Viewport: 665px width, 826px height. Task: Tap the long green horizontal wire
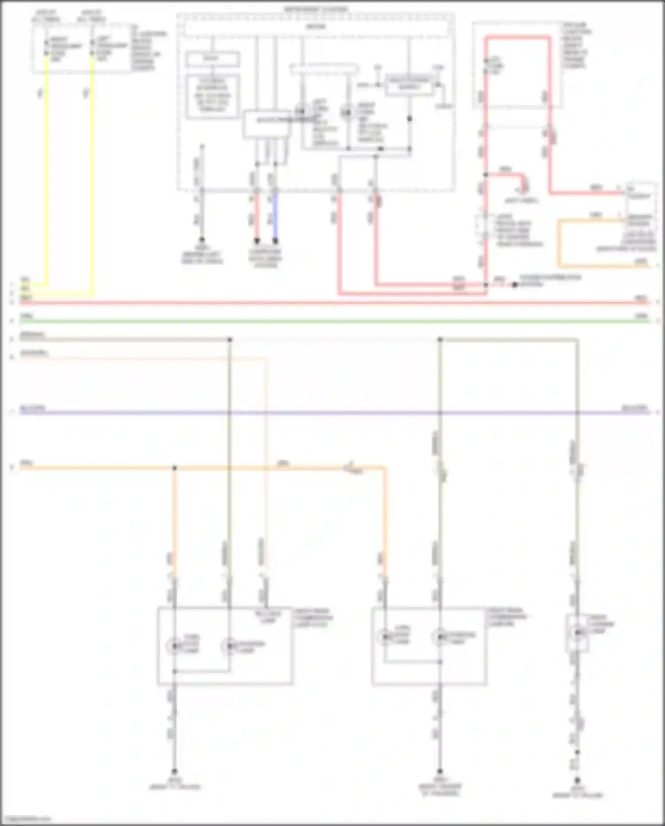(332, 320)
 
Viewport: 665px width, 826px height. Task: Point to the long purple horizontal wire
(332, 413)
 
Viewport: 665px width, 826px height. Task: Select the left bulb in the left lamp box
(175, 646)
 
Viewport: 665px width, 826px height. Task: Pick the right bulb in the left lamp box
(229, 646)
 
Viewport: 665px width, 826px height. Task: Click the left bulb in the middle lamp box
(385, 636)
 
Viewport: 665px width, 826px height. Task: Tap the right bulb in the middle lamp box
(440, 636)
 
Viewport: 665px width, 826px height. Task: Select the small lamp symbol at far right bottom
(577, 632)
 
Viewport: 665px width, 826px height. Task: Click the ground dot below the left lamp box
(175, 772)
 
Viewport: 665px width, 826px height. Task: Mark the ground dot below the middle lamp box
(440, 771)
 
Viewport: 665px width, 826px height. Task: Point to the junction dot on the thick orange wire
(175, 468)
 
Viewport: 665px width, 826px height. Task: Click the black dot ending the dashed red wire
(515, 285)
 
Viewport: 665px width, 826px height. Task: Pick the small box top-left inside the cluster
(212, 59)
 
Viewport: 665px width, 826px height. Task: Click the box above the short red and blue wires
(266, 123)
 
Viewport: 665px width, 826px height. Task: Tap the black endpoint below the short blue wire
(275, 241)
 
